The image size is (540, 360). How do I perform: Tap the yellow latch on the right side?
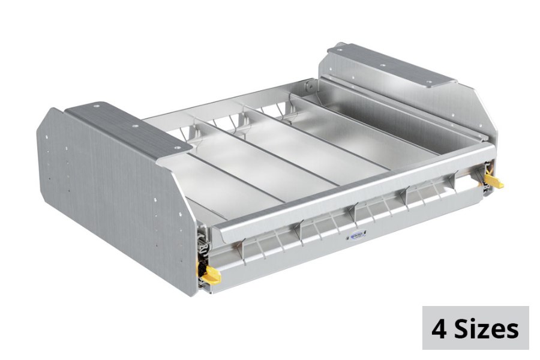pyautogui.click(x=494, y=181)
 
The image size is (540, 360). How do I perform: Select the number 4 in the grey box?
pyautogui.click(x=440, y=329)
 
